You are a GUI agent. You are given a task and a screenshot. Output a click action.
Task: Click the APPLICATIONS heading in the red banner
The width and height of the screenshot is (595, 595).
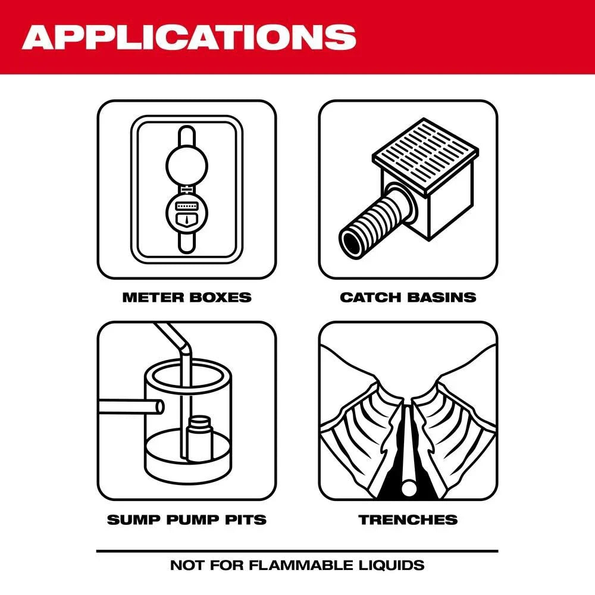pos(189,37)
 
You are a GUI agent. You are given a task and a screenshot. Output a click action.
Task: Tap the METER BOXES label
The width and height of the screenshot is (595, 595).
pos(187,297)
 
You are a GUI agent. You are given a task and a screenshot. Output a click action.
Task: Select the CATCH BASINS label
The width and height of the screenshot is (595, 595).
pos(408,297)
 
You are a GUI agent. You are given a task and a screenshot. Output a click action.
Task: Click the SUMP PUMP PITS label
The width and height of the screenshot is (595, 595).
pos(187,519)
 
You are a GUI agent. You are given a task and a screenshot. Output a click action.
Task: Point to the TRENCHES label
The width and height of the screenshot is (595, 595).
pos(408,519)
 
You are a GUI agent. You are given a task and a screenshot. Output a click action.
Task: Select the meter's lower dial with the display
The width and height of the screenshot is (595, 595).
pos(187,212)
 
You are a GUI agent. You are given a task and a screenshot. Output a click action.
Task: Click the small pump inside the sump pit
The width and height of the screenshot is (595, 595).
pos(199,437)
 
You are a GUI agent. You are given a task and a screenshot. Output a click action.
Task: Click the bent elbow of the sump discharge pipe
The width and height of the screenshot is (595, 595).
pos(182,342)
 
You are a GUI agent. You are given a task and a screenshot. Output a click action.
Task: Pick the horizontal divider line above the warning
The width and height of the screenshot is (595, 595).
pos(297,551)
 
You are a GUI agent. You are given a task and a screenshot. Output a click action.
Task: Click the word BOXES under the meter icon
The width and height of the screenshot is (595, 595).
pos(220,297)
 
